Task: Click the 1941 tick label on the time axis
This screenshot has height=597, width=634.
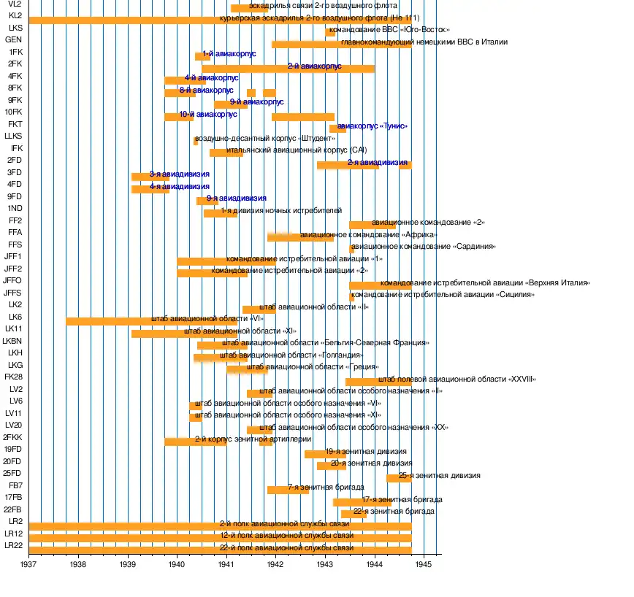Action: (226, 564)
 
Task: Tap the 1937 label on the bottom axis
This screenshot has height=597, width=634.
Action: (29, 564)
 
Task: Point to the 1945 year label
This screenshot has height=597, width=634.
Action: (424, 564)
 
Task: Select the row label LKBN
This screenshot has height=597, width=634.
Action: (12, 342)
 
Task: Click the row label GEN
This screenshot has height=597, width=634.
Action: (13, 39)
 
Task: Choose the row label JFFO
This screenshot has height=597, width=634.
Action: (12, 280)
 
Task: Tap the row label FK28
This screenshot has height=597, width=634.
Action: (13, 377)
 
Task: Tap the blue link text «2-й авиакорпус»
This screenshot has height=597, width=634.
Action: (314, 66)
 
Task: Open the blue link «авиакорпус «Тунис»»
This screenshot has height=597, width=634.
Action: (373, 126)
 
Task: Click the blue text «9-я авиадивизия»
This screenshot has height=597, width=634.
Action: (236, 198)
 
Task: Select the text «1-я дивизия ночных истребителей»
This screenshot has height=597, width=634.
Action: (281, 210)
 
